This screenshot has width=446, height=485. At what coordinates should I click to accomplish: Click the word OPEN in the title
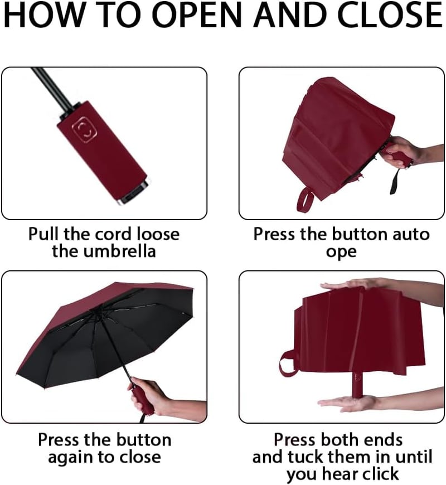tap(196, 15)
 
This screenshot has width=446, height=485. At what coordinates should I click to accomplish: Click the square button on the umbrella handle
tap(84, 129)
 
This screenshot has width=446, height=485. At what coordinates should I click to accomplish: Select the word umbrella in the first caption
tap(120, 251)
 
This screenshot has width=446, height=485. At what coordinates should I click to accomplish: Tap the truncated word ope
tap(341, 252)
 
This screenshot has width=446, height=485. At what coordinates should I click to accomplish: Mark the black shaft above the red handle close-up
tap(53, 88)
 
